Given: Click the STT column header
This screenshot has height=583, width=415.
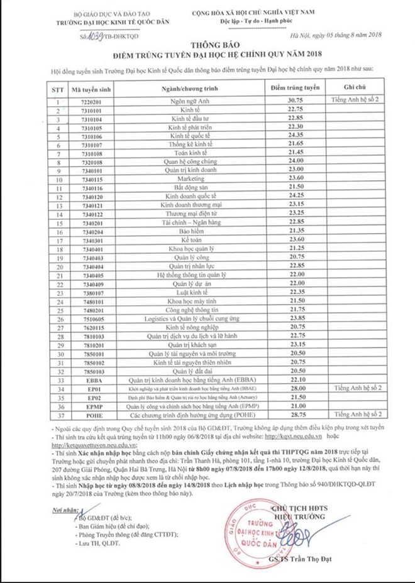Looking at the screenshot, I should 58,89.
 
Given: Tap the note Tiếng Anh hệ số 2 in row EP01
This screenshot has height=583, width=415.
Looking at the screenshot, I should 358,389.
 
